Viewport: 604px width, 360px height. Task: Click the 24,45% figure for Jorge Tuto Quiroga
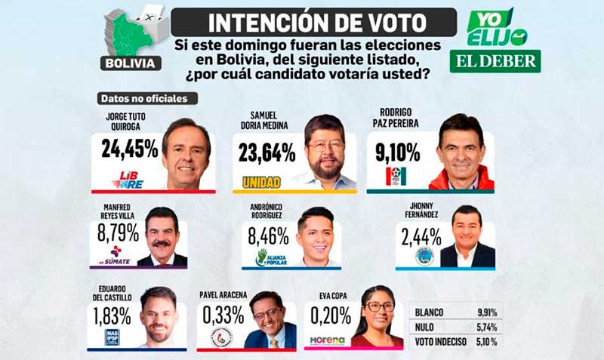tap(129, 149)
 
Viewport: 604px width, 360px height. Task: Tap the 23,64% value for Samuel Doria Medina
tap(267, 153)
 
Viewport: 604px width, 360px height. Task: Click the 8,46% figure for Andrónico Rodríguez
tap(268, 236)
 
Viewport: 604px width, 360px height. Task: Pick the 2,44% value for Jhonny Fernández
tap(421, 237)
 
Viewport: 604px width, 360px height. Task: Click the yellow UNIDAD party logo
tap(262, 181)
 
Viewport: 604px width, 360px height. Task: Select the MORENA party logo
tap(327, 340)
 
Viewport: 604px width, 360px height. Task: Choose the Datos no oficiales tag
tap(147, 98)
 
